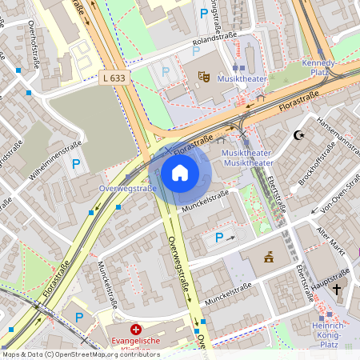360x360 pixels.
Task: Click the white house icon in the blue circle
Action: (x=179, y=172)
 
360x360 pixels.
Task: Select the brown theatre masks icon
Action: (x=203, y=77)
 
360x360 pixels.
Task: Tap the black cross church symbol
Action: (x=337, y=288)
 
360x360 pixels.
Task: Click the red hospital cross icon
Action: (x=136, y=329)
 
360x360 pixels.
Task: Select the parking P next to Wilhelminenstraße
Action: (x=76, y=164)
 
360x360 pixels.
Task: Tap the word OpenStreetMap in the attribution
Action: (x=87, y=354)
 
